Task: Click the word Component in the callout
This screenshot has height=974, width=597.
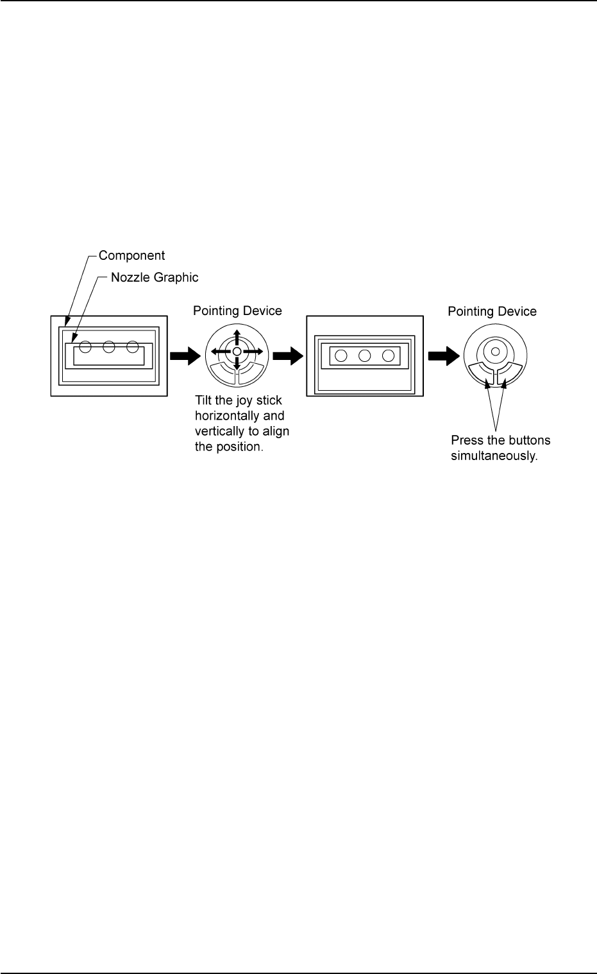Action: click(x=131, y=255)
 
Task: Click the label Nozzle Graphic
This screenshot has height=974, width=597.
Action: click(x=155, y=277)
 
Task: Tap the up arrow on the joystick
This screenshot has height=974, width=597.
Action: click(x=237, y=337)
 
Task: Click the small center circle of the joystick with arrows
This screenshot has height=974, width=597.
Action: click(x=237, y=352)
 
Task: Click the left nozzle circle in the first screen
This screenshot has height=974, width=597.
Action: click(x=85, y=347)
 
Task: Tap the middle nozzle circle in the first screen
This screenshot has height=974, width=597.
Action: click(x=109, y=347)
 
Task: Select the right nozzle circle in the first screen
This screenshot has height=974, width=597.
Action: click(x=133, y=347)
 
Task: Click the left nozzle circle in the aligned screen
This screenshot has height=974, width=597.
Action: click(x=341, y=355)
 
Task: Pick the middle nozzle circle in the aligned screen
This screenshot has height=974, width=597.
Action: click(x=365, y=355)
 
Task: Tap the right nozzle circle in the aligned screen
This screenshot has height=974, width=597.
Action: click(x=389, y=355)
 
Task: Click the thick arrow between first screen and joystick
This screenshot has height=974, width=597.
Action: click(x=185, y=355)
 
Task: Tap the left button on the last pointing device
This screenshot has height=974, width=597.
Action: click(x=481, y=372)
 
